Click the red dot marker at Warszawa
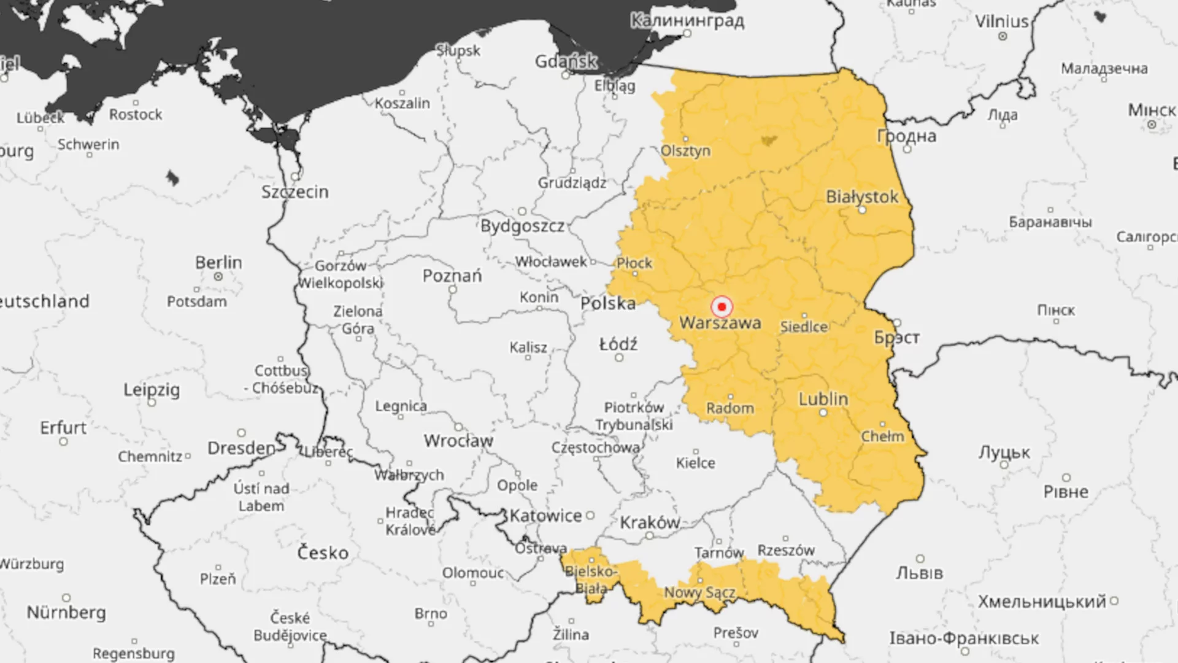pos(722,306)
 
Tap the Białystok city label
pos(861,197)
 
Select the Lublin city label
pos(823,399)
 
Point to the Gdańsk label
pos(565,61)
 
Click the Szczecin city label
pos(294,192)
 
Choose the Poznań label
pos(452,276)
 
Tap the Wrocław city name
pos(458,441)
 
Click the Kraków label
pos(649,523)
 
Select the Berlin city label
pos(218,263)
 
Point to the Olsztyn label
pos(685,151)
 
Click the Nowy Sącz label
pos(699,593)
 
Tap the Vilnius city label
pos(1001,21)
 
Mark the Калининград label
pos(687,21)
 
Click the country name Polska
pos(607,303)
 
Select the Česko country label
pos(323,553)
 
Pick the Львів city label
pos(918,573)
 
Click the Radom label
pos(730,408)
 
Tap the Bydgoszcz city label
pos(522,227)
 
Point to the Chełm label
pos(882,436)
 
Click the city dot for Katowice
pos(590,516)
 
